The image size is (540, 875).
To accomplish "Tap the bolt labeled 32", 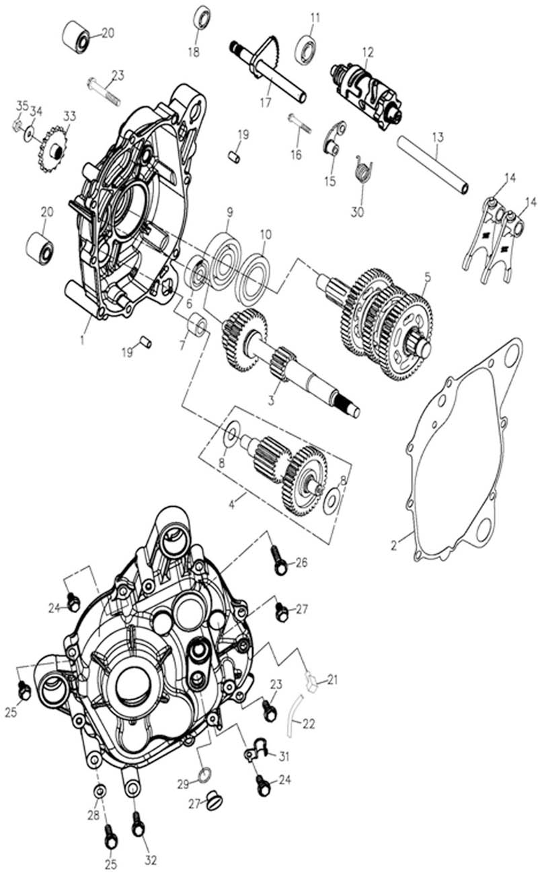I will point(138,823).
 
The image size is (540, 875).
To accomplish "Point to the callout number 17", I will point(266,103).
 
